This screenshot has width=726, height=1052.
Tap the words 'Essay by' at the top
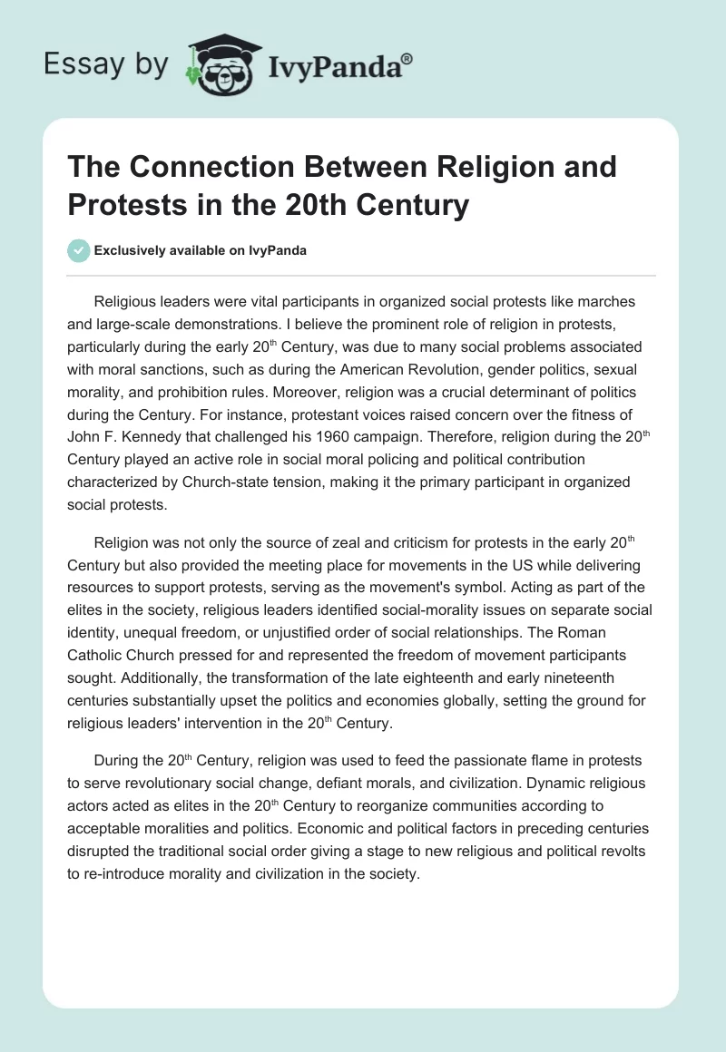(x=105, y=64)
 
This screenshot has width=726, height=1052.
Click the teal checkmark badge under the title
(x=80, y=250)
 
